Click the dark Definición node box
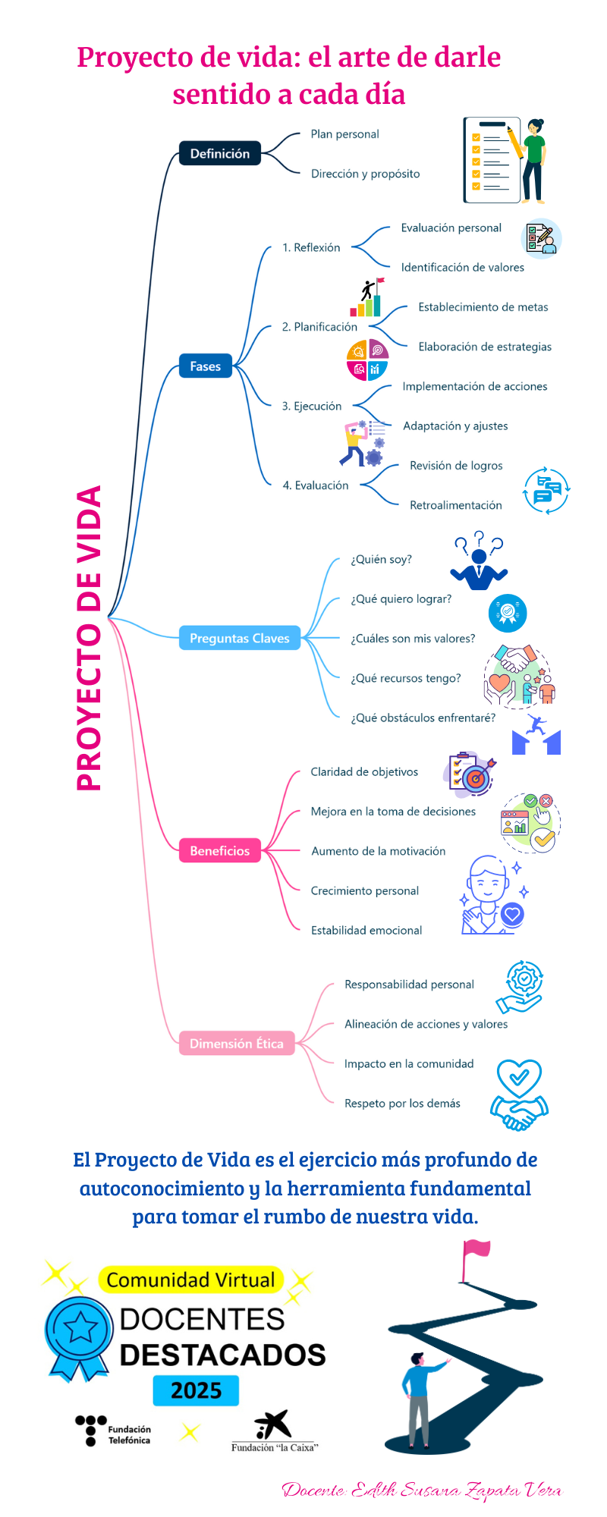tap(219, 153)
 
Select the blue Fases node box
tap(205, 366)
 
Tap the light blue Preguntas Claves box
tap(239, 638)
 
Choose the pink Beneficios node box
tap(219, 850)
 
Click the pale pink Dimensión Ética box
tap(236, 1044)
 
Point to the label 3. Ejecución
tap(312, 407)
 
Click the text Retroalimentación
tap(455, 505)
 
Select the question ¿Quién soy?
tap(381, 559)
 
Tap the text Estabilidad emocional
tap(366, 930)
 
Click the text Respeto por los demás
tap(402, 1104)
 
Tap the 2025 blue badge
tap(196, 1390)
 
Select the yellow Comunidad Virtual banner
tap(190, 1280)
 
